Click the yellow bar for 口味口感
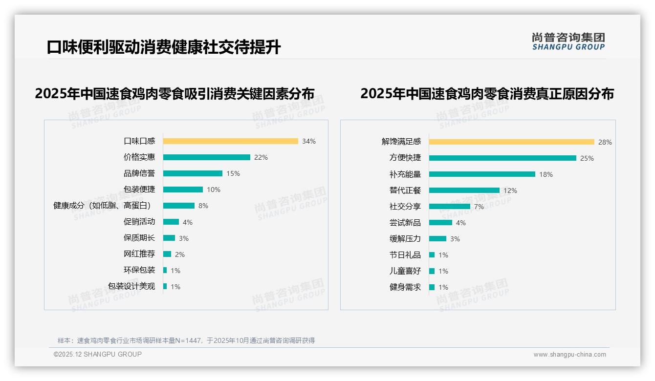click(230, 141)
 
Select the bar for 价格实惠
click(206, 157)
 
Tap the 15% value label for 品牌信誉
click(233, 173)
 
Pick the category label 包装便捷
click(139, 190)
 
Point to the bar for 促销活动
click(171, 222)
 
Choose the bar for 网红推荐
click(167, 254)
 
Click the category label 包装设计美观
click(131, 286)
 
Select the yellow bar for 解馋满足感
click(511, 142)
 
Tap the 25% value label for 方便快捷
click(587, 158)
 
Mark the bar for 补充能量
click(482, 174)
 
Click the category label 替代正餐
click(405, 190)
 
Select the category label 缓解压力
click(405, 239)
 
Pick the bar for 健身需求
click(432, 287)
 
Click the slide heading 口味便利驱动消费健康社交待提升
click(164, 47)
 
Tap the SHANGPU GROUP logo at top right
click(568, 42)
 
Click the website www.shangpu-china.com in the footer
click(569, 355)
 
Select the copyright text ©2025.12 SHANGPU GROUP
click(98, 354)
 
